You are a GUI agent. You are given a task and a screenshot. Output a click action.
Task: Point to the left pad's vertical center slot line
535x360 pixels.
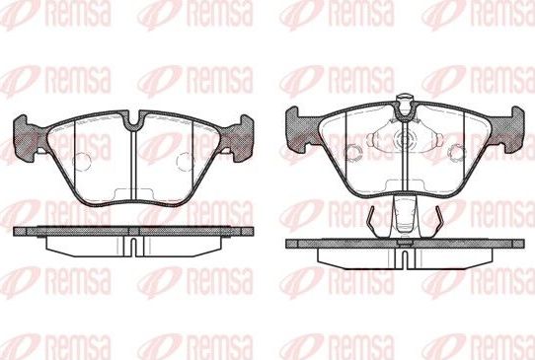point(132,163)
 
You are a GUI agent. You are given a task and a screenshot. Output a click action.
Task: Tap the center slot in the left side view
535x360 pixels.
point(132,244)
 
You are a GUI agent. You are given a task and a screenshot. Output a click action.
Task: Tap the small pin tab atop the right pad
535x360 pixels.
point(403,100)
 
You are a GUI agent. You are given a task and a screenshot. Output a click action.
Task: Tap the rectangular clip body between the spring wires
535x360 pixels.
point(403,214)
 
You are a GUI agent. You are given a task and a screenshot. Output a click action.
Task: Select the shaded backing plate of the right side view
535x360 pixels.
point(403,243)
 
